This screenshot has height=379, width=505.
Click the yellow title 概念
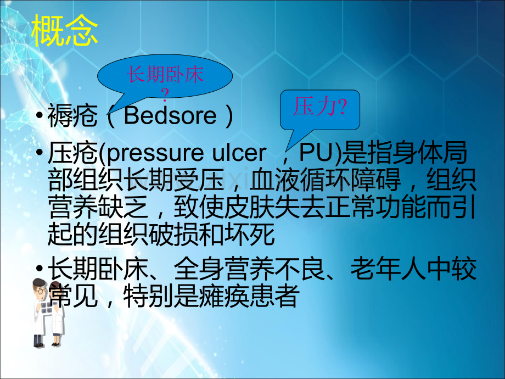[x=65, y=31]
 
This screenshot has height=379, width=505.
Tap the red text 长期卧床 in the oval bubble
[x=165, y=75]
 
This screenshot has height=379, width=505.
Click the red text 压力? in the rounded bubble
[x=320, y=107]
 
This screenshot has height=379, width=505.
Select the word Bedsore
[x=170, y=115]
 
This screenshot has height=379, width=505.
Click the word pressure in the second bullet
[x=155, y=153]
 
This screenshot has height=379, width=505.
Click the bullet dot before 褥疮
[x=40, y=115]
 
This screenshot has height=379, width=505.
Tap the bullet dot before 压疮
[x=40, y=153]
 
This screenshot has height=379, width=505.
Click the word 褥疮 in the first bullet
[x=72, y=115]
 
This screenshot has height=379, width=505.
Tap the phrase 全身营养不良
[x=250, y=269]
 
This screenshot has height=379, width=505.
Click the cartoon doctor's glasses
[x=41, y=291]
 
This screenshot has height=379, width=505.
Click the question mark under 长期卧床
[x=165, y=94]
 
